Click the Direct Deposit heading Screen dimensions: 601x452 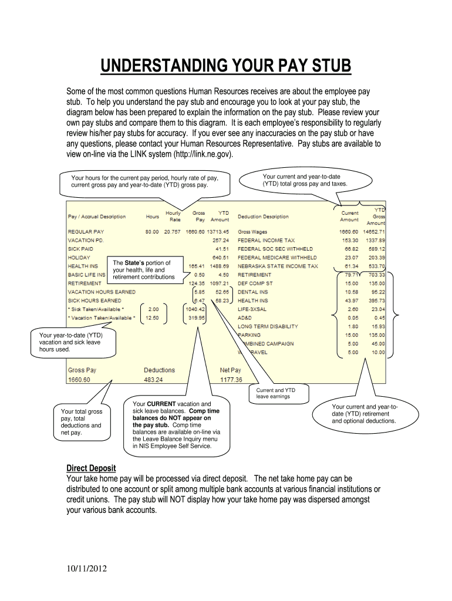(x=91, y=468)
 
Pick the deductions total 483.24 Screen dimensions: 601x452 (x=154, y=380)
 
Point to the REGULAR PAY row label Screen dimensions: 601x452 (x=86, y=231)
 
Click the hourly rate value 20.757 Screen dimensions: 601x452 (x=173, y=231)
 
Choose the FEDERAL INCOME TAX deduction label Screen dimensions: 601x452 (x=266, y=240)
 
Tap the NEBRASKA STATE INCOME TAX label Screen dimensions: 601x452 (x=278, y=266)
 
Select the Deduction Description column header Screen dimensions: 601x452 (x=263, y=217)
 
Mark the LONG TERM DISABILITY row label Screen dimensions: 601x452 (x=268, y=326)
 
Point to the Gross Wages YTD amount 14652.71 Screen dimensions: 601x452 (x=372, y=231)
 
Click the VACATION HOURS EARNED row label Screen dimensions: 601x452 (x=102, y=292)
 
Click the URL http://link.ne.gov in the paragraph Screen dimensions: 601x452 (x=200, y=154)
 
